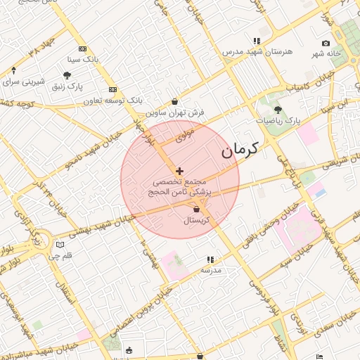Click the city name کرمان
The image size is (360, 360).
[240, 149]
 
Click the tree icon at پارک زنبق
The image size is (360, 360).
[67, 75]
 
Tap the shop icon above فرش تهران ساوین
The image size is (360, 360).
[175, 101]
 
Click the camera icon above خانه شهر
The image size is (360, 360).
[325, 44]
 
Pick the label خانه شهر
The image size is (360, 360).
[327, 54]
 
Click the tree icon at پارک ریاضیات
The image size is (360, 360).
[278, 109]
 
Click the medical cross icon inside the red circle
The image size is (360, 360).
[179, 171]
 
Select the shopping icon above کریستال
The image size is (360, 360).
[196, 209]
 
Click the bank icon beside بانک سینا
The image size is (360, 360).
[82, 49]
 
